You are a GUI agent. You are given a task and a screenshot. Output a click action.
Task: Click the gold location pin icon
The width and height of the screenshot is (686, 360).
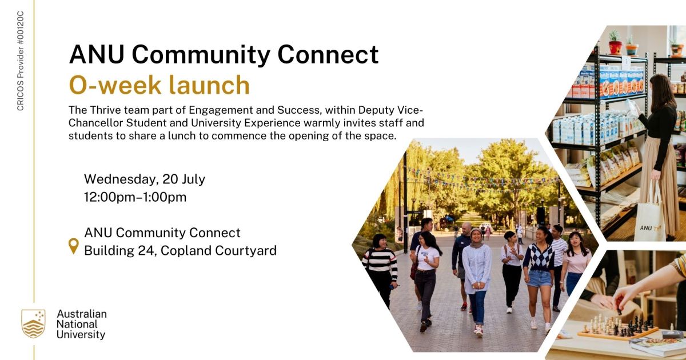coord(74,246)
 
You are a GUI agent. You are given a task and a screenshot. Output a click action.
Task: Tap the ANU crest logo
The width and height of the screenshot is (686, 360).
coord(33,324)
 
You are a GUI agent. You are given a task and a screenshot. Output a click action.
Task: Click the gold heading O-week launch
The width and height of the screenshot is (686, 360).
coord(159,85)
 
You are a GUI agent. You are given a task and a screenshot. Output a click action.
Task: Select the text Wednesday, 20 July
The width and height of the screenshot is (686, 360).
coord(145,179)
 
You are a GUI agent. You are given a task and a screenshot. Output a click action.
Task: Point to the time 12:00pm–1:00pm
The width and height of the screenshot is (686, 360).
coord(135,197)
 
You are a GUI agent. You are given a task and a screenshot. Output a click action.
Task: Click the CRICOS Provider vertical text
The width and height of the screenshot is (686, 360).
coord(21,61)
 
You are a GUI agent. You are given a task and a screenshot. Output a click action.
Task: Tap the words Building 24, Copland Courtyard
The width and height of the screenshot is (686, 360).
coord(180,250)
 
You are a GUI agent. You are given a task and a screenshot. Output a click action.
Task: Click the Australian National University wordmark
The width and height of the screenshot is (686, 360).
coord(81,324)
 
